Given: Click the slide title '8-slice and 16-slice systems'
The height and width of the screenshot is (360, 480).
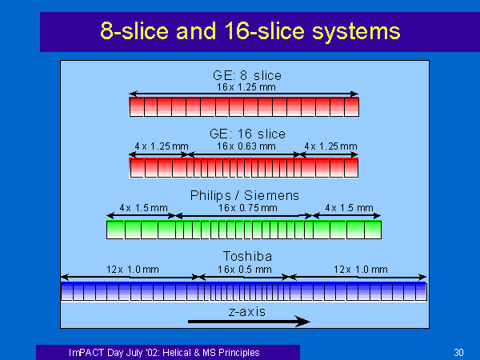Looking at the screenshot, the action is (x=250, y=31).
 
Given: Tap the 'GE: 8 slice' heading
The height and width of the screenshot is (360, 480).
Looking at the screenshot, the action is (x=246, y=75).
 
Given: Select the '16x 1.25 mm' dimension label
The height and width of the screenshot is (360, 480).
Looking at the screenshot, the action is (x=246, y=87).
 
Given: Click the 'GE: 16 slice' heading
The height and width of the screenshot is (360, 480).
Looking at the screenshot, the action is (x=247, y=134).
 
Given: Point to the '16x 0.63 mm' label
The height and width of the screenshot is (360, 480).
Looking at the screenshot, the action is (x=246, y=146).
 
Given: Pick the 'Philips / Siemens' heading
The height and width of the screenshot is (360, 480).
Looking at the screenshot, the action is (x=245, y=195).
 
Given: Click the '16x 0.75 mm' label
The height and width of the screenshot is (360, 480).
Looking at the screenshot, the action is (x=248, y=208).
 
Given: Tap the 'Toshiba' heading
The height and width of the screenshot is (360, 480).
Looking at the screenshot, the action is (x=247, y=256).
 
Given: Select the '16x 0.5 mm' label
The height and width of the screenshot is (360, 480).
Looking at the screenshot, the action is (x=245, y=270).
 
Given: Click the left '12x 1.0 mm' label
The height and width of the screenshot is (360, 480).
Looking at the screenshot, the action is (x=133, y=270).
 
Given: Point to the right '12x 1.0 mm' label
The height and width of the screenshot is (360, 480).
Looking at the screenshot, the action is (x=361, y=270).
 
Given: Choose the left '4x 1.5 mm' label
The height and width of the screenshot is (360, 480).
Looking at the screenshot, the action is (x=143, y=208).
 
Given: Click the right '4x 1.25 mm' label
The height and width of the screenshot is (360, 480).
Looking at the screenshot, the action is (x=330, y=146).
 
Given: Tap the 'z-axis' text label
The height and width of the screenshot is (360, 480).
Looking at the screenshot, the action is (x=247, y=312).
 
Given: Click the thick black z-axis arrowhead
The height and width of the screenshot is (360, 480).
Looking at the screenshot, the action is (x=302, y=322).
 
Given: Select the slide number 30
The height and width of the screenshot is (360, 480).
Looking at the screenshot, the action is (x=458, y=352).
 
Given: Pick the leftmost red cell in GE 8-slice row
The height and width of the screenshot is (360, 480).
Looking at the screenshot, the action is (x=137, y=107).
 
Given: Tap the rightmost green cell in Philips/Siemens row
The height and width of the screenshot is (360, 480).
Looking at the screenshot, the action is (x=373, y=230).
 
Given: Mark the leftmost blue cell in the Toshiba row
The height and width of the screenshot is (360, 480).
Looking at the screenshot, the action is (x=66, y=292).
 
